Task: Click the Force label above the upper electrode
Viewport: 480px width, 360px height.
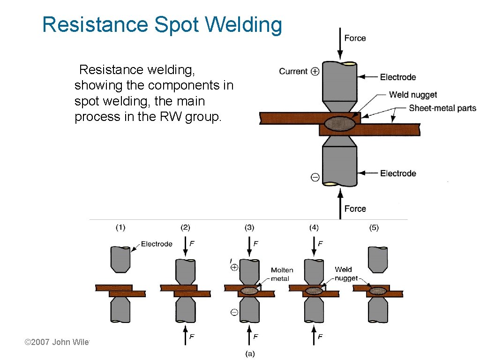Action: (x=355, y=38)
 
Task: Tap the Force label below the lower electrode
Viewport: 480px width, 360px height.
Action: (x=355, y=209)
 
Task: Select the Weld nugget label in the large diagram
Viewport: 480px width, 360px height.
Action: (x=412, y=95)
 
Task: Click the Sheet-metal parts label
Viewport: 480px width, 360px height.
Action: (x=442, y=108)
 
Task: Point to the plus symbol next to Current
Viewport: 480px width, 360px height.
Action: (x=315, y=71)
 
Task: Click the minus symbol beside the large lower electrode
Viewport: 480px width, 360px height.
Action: (x=315, y=177)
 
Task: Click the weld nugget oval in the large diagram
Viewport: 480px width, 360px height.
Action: (x=340, y=123)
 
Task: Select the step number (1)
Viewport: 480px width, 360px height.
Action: (x=120, y=228)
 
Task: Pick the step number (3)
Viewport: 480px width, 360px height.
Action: (x=249, y=228)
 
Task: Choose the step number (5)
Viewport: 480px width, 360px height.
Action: (x=374, y=228)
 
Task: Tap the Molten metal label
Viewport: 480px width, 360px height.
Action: (x=282, y=274)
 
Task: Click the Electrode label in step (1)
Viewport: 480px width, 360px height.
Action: (x=157, y=244)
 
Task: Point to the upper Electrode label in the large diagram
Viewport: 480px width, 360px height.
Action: (x=397, y=77)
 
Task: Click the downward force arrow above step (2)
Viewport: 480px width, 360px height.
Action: (x=186, y=248)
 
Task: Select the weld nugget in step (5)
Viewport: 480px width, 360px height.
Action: (x=377, y=291)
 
